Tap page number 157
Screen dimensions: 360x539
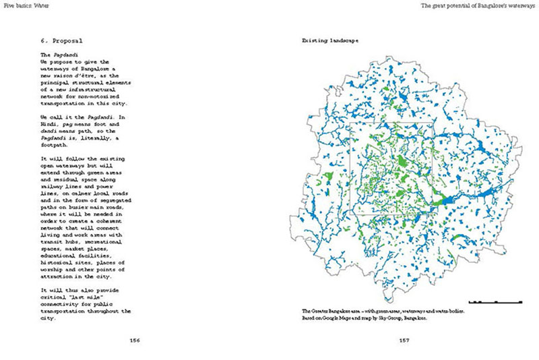click(404, 340)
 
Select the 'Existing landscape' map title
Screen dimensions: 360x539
click(329, 41)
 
